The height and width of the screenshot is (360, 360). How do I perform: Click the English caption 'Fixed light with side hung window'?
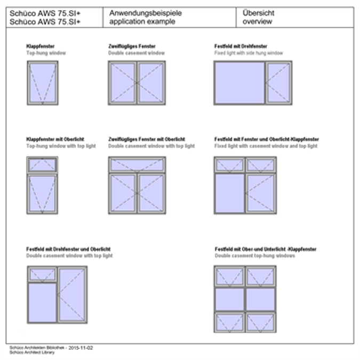pyautogui.click(x=249, y=53)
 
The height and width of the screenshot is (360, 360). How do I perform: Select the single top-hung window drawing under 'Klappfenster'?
pyautogui.click(x=42, y=83)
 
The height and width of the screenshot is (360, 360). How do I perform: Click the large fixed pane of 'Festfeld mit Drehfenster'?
pyautogui.click(x=239, y=82)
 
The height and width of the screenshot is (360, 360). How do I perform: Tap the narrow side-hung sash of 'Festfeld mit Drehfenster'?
pyautogui.click(x=279, y=82)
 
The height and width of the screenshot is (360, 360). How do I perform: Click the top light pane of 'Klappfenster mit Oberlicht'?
pyautogui.click(x=42, y=165)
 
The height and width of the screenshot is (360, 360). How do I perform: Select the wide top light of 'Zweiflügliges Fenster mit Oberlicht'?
pyautogui.click(x=137, y=165)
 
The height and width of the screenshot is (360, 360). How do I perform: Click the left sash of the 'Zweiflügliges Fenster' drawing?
pyautogui.click(x=123, y=82)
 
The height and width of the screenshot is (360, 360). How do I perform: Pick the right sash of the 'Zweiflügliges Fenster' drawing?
pyautogui.click(x=151, y=82)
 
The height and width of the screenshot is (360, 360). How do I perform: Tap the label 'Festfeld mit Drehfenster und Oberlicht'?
pyautogui.click(x=68, y=249)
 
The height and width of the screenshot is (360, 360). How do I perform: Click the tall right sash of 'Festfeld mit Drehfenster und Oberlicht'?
pyautogui.click(x=71, y=294)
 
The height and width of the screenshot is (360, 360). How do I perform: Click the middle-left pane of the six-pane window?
pyautogui.click(x=229, y=299)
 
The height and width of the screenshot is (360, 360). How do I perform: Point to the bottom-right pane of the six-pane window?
pyautogui.click(x=260, y=322)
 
